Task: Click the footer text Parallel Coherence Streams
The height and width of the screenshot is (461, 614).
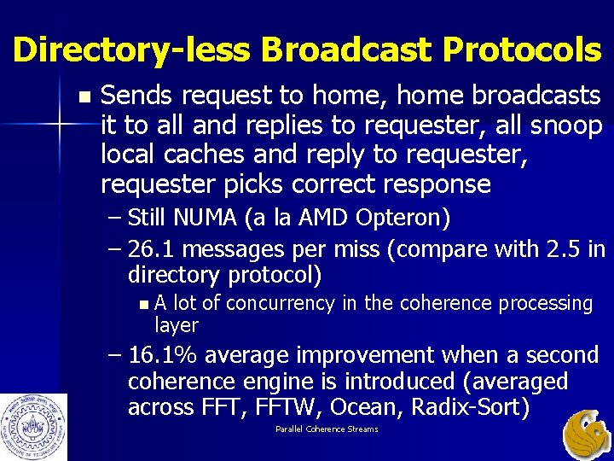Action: [327, 429]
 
